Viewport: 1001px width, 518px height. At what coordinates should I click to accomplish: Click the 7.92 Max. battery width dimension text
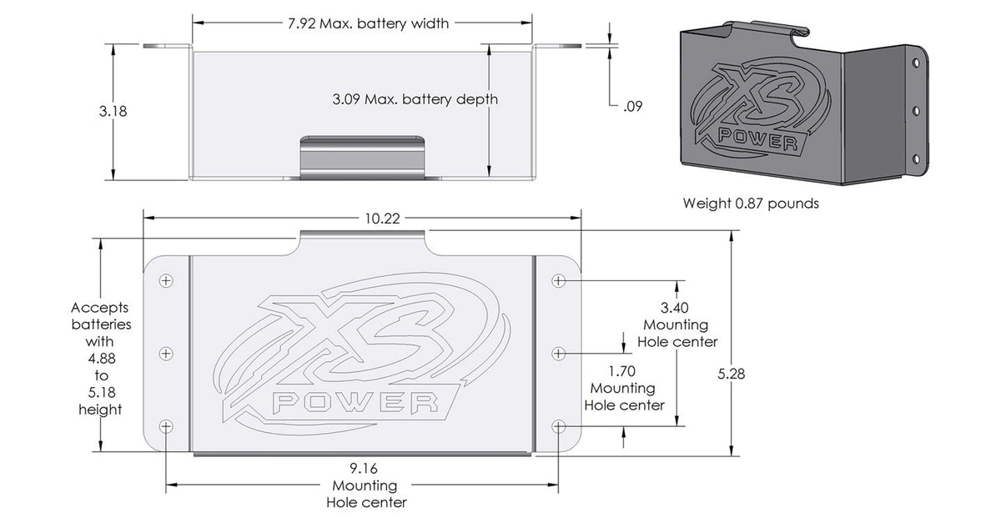362,23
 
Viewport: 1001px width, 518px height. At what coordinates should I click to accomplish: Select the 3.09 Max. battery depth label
414,99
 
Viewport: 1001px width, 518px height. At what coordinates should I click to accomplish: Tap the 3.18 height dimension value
113,111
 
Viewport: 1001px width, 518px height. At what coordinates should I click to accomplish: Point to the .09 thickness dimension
632,106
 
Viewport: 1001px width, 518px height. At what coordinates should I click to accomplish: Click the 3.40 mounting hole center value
675,307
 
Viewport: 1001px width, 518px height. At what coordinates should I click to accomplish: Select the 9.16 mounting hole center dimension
365,469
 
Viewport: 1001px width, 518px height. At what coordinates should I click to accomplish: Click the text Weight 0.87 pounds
751,203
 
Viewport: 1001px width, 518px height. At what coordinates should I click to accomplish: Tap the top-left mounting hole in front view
166,281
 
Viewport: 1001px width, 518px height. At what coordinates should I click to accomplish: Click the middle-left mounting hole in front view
166,354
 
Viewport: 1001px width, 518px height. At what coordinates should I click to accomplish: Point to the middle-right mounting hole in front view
558,354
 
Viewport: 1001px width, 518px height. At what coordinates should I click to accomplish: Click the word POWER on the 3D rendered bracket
757,138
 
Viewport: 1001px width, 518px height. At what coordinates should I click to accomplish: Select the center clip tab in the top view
362,154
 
